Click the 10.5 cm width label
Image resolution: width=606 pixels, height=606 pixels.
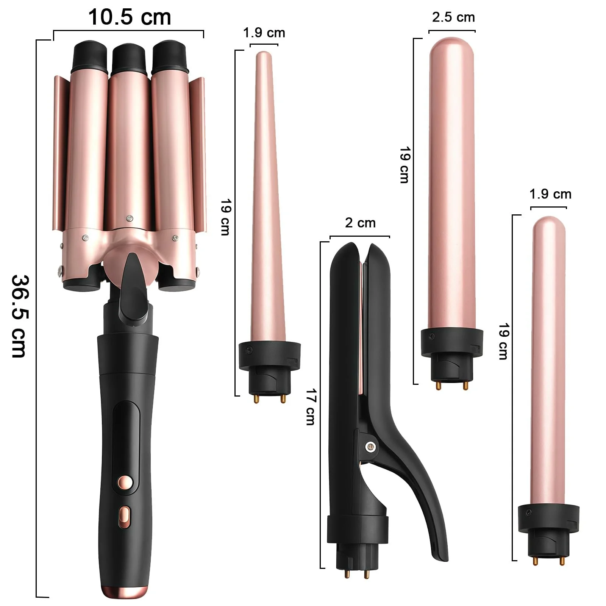click(x=130, y=17)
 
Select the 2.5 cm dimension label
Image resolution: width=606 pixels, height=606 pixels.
click(x=453, y=17)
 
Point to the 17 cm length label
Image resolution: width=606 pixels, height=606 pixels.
click(x=311, y=407)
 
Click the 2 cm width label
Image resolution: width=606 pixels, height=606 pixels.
click(x=360, y=223)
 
